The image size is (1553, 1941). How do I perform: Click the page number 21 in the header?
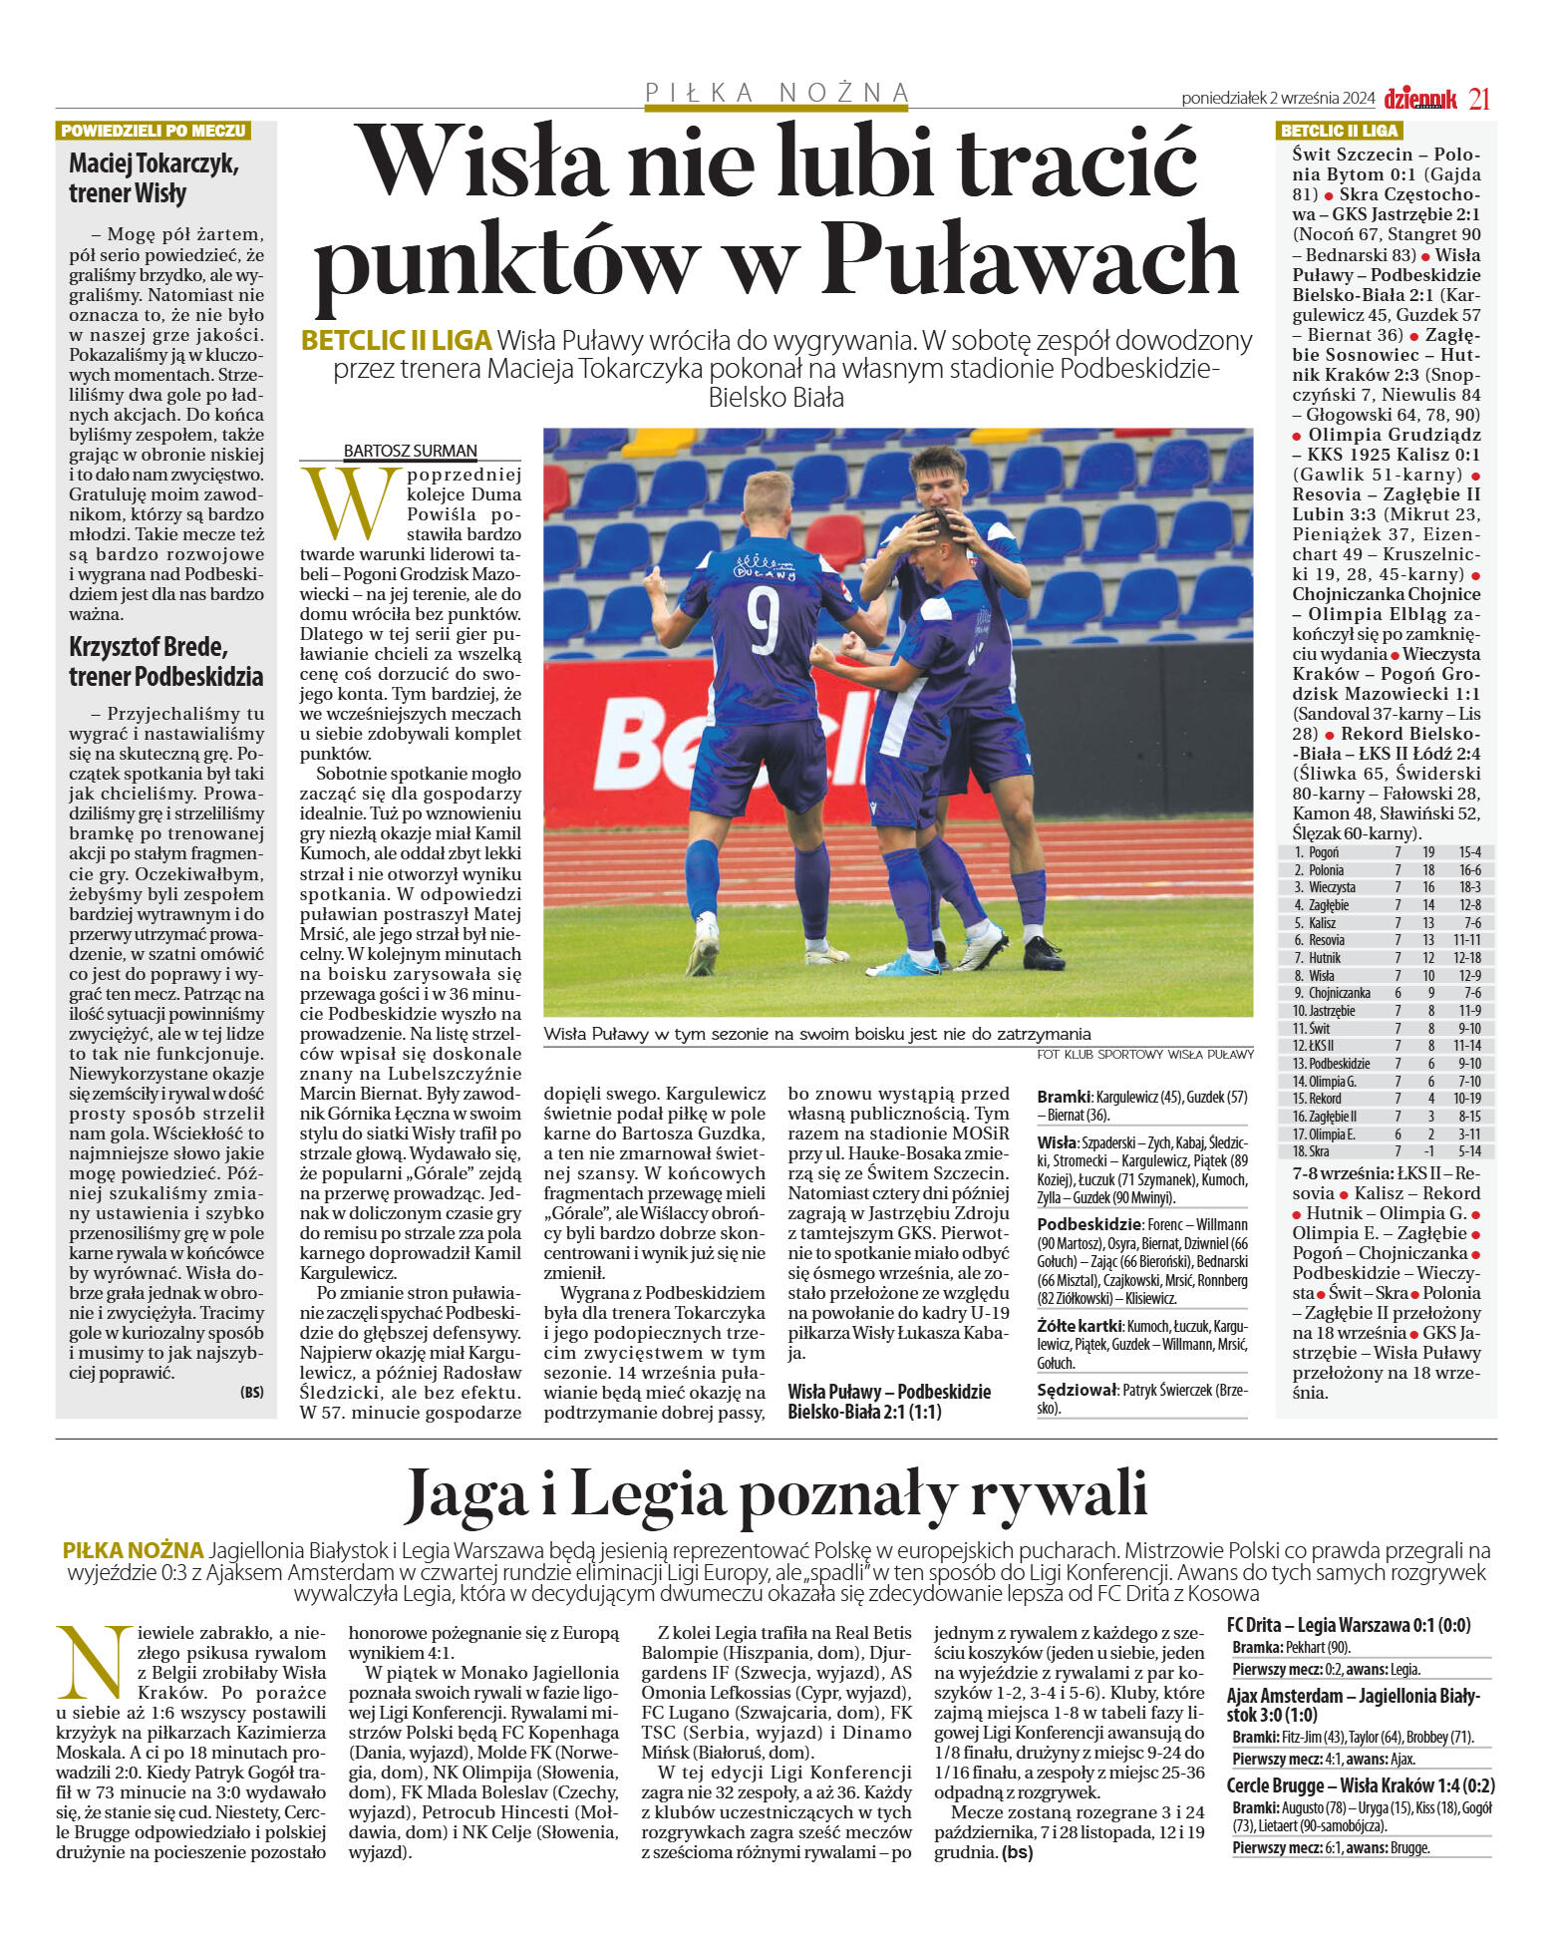1479,99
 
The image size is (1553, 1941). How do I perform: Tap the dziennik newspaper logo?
1420,99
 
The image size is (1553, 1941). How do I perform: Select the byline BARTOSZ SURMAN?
410,451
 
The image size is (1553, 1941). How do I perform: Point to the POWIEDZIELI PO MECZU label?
153,131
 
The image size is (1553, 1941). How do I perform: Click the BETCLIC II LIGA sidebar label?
1339,131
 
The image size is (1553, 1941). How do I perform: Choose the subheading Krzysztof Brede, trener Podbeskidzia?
165,661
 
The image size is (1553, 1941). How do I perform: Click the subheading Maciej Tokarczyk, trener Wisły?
154,178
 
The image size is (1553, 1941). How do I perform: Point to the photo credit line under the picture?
1144,1054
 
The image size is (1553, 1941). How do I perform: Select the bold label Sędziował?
1077,1390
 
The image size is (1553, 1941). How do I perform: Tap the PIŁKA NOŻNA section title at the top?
777,93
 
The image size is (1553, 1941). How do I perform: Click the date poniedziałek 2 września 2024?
1278,99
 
